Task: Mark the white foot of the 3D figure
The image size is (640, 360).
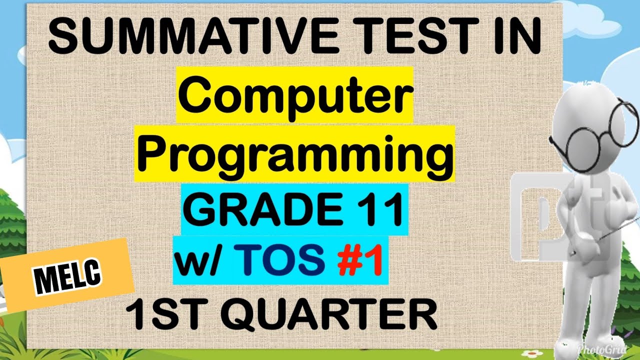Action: (x=575, y=345)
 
